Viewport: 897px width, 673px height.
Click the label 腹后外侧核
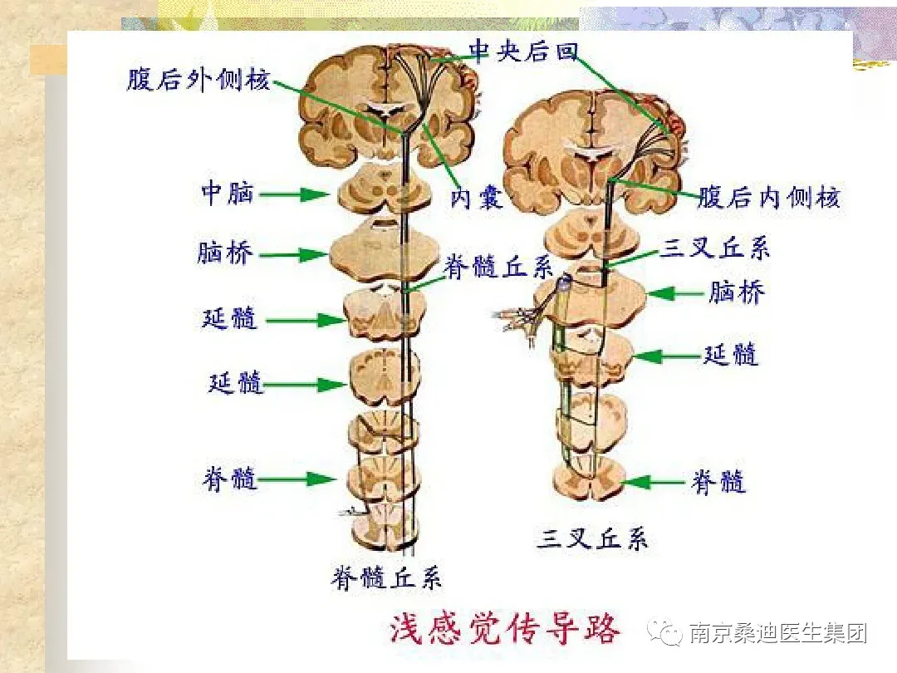pyautogui.click(x=199, y=81)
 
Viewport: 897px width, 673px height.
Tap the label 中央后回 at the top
pyautogui.click(x=522, y=52)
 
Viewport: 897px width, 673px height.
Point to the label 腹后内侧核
pyautogui.click(x=768, y=198)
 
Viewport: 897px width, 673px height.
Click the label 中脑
pyautogui.click(x=227, y=194)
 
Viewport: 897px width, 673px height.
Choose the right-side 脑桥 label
pyautogui.click(x=736, y=292)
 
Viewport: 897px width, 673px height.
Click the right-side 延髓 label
pyautogui.click(x=731, y=355)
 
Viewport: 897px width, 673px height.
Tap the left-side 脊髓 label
pyautogui.click(x=229, y=479)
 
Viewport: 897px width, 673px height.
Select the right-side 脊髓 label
pyautogui.click(x=719, y=482)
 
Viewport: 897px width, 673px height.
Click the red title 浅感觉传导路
pyautogui.click(x=505, y=629)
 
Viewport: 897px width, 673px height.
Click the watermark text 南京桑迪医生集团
pyautogui.click(x=778, y=634)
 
